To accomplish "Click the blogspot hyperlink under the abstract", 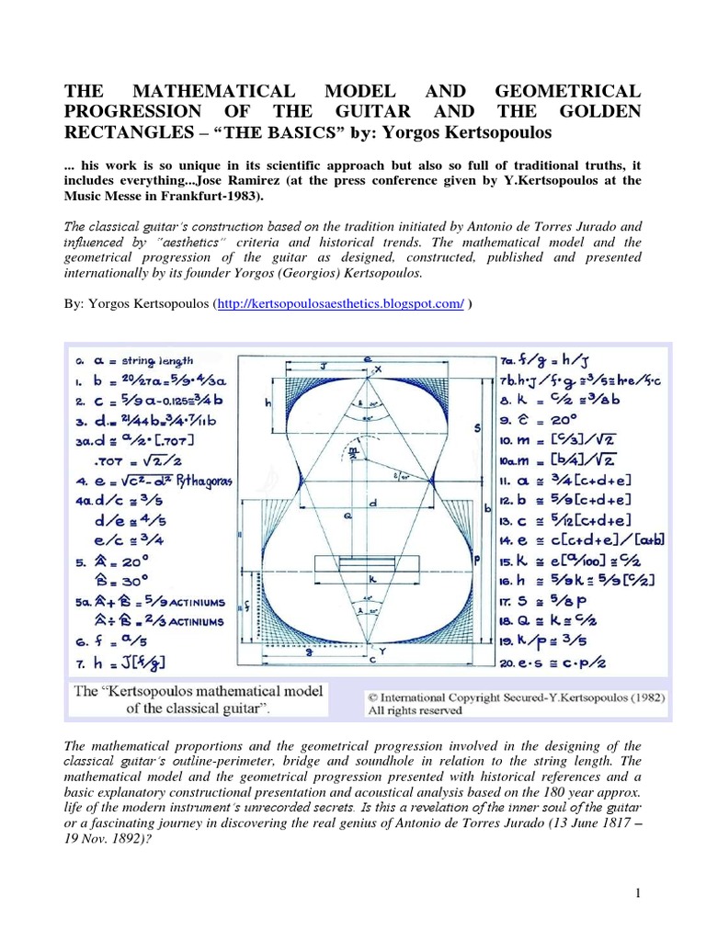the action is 339,304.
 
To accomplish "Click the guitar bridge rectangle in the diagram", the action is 366,563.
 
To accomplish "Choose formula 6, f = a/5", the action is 109,641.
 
